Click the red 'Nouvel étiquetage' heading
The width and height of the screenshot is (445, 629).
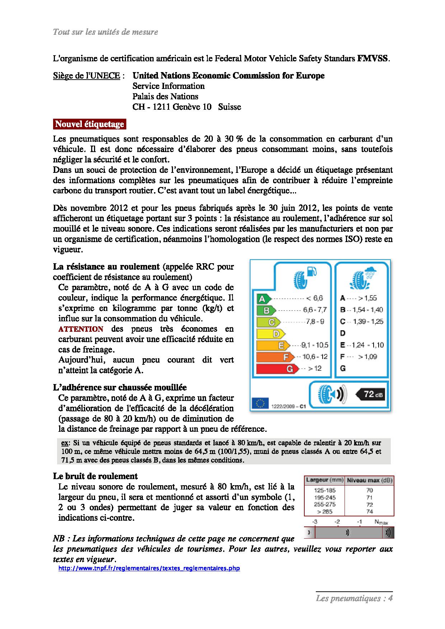click(x=89, y=124)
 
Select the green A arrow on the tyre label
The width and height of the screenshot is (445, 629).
click(x=264, y=298)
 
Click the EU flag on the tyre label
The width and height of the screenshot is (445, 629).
click(x=259, y=403)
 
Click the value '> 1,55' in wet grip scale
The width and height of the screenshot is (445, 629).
click(x=367, y=298)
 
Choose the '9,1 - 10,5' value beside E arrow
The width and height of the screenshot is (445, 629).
click(x=315, y=345)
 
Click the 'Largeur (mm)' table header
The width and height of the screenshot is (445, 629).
click(x=324, y=480)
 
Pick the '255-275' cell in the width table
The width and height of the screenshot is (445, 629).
click(x=324, y=505)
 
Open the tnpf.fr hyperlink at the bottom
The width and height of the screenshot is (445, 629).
click(x=149, y=568)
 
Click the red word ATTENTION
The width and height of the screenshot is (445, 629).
click(x=81, y=329)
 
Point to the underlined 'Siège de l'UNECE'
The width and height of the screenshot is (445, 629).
click(x=86, y=76)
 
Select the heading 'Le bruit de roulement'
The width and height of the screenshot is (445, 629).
click(x=95, y=476)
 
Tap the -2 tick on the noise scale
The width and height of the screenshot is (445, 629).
click(x=337, y=522)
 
